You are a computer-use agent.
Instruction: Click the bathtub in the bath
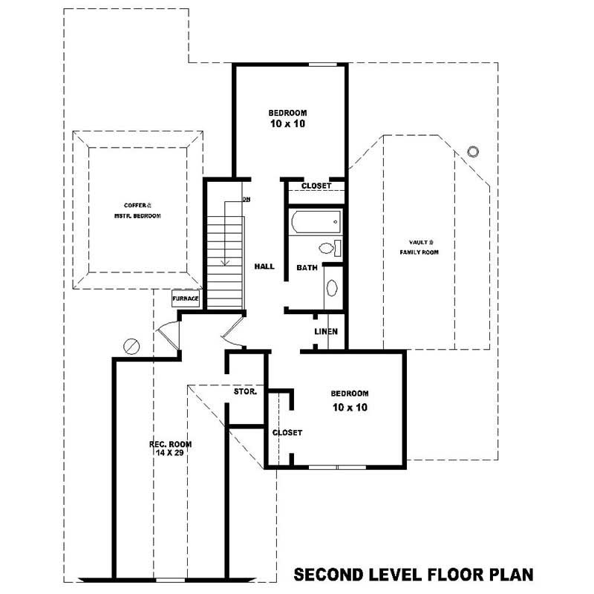tap(315, 221)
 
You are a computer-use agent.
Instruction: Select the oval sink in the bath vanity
tap(331, 287)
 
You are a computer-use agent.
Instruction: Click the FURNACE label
tap(185, 298)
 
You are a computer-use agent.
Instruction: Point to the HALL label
tap(264, 266)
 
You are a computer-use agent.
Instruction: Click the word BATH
tap(307, 267)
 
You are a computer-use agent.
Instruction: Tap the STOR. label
tap(245, 391)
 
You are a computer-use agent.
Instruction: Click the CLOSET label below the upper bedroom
tap(316, 186)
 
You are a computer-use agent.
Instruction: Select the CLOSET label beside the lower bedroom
tap(287, 432)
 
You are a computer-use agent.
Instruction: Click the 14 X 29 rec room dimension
tap(166, 452)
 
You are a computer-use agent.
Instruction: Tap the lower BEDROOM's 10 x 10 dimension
tap(350, 407)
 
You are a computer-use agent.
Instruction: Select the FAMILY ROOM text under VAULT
tap(420, 252)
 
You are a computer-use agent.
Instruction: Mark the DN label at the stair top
tap(246, 199)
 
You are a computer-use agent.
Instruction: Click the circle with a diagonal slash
tap(131, 346)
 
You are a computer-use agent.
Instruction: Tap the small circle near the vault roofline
tap(473, 152)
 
